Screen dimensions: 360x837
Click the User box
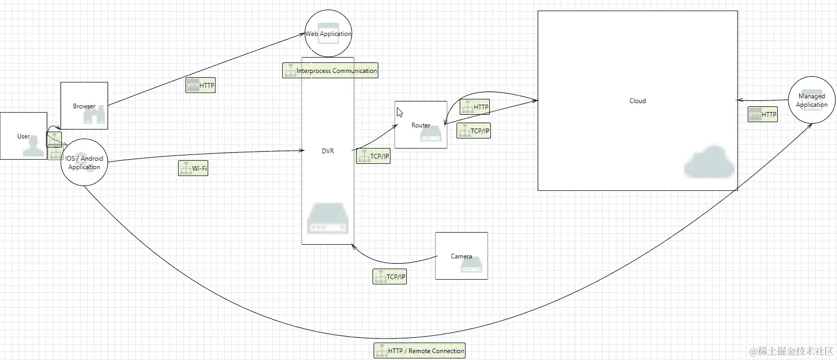click(23, 136)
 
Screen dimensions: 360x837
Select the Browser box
click(84, 106)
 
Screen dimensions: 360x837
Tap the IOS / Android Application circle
click(84, 162)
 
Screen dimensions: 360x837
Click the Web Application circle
click(328, 34)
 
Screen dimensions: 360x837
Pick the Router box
click(421, 125)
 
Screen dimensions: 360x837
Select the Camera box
click(461, 256)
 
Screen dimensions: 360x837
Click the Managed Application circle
click(812, 100)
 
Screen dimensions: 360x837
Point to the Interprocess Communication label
click(330, 70)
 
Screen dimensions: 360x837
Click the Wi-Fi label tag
click(193, 169)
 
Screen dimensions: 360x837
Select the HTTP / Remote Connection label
click(420, 350)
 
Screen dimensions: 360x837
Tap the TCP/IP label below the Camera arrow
click(390, 276)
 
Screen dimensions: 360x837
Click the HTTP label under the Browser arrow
click(200, 85)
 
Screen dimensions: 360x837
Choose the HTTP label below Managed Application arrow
click(762, 114)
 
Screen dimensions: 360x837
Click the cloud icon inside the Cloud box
click(709, 161)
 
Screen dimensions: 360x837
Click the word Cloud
click(637, 100)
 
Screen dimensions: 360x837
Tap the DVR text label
click(328, 151)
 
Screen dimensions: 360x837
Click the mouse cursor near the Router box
click(400, 113)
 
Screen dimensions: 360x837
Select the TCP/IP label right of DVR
click(373, 156)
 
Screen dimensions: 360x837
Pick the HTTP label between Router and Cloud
click(475, 107)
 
